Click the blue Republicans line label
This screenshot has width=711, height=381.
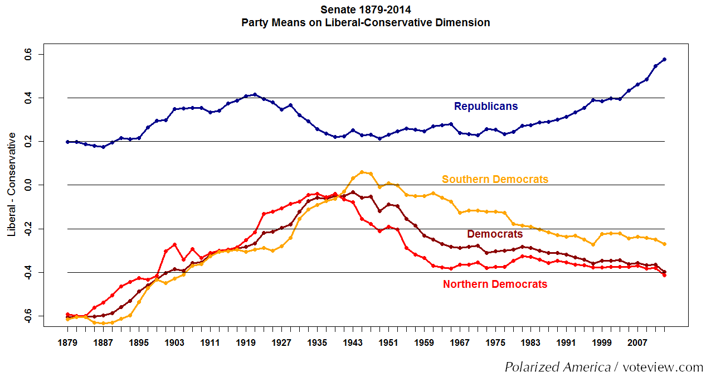tap(486, 106)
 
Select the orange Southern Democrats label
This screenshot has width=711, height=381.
tap(495, 179)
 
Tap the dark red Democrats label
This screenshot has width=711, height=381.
tap(495, 234)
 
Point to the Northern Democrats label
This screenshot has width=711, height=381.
tap(495, 284)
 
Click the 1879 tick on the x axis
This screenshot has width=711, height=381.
tap(67, 343)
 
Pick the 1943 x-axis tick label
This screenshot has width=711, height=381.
tap(353, 343)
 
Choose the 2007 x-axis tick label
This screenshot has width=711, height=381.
tap(637, 343)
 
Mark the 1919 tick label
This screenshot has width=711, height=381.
tap(246, 343)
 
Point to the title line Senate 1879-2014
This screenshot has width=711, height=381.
tap(366, 9)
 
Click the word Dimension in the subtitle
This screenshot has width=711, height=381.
tap(464, 23)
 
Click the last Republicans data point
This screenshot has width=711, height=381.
tap(664, 59)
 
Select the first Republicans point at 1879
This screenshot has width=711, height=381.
tap(67, 142)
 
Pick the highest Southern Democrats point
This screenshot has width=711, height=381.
tap(362, 172)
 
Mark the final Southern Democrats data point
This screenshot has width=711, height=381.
tap(664, 244)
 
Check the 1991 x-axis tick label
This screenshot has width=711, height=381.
tap(566, 343)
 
